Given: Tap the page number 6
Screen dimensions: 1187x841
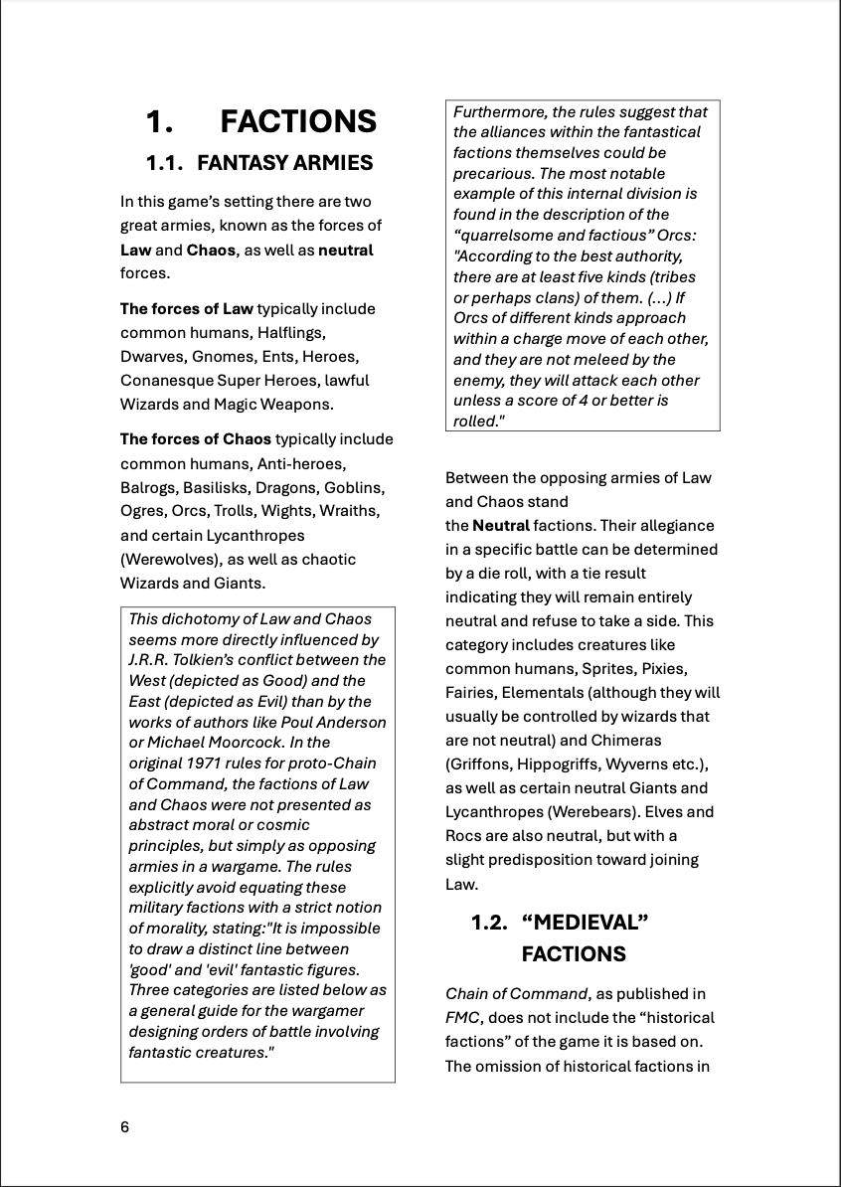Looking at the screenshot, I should click(x=124, y=1127).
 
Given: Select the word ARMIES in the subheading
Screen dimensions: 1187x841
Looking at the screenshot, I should click(x=327, y=163).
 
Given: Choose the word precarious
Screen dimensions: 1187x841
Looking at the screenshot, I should click(x=494, y=174).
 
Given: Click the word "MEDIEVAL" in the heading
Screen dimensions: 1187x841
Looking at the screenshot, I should click(x=585, y=923).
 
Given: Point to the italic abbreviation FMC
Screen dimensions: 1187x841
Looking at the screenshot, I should click(x=463, y=1018).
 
